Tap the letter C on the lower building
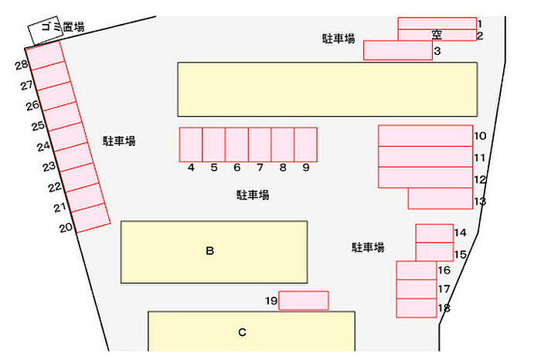point(242,333)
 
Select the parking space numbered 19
point(303,301)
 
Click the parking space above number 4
point(191,144)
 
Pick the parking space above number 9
point(305,144)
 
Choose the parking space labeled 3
point(397,50)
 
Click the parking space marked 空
point(437,35)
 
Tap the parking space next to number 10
point(425,136)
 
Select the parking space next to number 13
point(440,199)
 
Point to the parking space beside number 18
point(417,307)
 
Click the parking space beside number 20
point(91,220)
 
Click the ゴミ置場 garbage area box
point(43,31)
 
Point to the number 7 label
point(260,168)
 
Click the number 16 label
point(444,270)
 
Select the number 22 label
point(54,187)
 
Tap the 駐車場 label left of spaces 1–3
point(339,38)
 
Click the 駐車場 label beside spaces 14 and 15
point(368,247)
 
